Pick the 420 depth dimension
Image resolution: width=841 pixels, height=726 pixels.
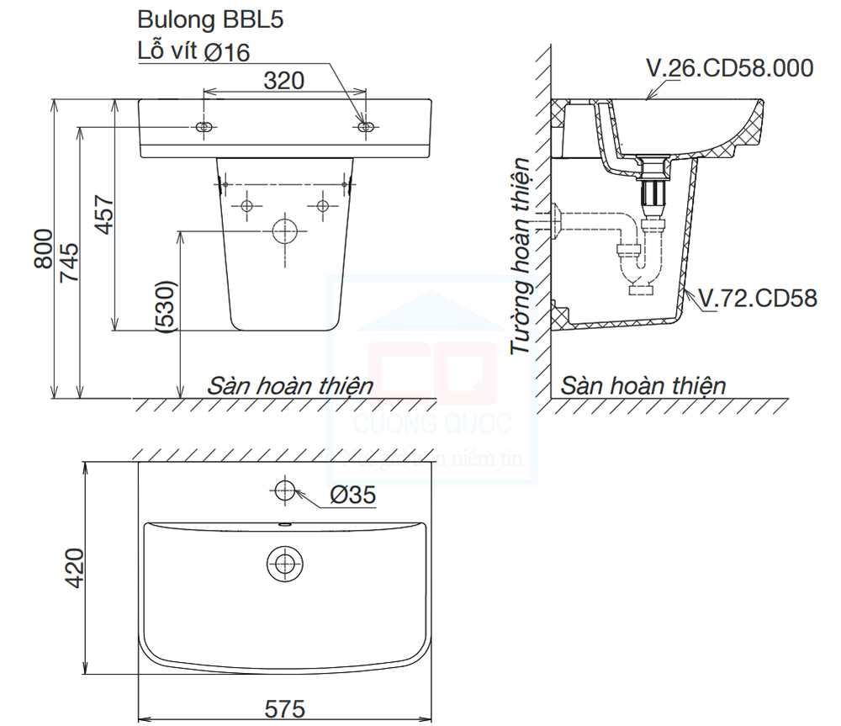click(x=74, y=568)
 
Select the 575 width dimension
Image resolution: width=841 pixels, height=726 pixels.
click(x=284, y=709)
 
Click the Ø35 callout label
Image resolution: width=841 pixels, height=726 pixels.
click(x=352, y=496)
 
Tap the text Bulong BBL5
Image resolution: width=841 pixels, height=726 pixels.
click(x=210, y=21)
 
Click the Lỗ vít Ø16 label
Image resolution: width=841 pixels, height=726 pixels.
click(x=193, y=51)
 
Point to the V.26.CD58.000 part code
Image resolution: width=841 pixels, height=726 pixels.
click(x=729, y=67)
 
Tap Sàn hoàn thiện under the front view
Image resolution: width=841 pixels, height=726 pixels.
click(x=290, y=386)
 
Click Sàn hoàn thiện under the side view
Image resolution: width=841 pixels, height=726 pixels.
click(x=643, y=386)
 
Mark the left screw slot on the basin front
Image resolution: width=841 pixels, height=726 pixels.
click(x=204, y=127)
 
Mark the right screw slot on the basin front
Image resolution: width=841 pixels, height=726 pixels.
click(x=366, y=127)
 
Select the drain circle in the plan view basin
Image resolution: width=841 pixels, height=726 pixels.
click(x=285, y=563)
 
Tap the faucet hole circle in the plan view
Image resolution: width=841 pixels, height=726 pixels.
click(x=285, y=490)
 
